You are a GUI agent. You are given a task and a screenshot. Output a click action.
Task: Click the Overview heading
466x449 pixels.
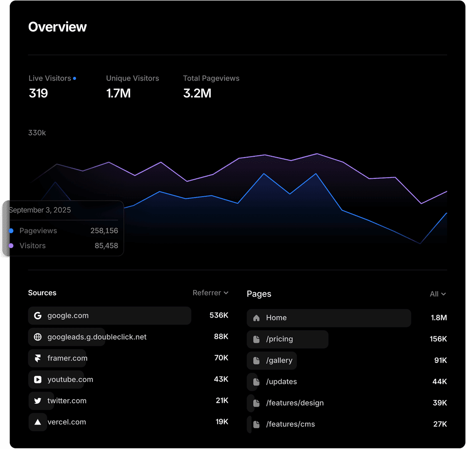[x=57, y=27]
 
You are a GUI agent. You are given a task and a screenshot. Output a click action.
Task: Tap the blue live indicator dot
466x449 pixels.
[x=74, y=78]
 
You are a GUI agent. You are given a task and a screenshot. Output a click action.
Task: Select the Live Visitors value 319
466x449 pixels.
[x=38, y=93]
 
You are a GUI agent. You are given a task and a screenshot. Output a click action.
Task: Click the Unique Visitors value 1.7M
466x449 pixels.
[x=118, y=93]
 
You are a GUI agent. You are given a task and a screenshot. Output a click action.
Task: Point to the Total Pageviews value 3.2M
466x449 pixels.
[x=197, y=93]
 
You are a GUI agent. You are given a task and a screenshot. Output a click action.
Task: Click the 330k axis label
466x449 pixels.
[x=37, y=133]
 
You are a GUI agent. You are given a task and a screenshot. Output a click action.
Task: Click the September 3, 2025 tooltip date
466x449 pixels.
[x=40, y=210]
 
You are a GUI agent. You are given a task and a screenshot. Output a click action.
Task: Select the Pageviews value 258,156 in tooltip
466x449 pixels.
[x=104, y=231]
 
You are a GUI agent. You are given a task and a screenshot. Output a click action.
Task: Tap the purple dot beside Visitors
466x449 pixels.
[x=11, y=246]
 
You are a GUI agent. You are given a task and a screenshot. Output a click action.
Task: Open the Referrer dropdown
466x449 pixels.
[x=210, y=293]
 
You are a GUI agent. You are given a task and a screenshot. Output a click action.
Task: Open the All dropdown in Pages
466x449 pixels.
[x=437, y=294]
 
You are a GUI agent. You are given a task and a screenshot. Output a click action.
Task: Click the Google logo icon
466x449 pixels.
[x=38, y=316]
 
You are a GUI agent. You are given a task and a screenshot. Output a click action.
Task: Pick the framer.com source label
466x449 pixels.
[x=67, y=358]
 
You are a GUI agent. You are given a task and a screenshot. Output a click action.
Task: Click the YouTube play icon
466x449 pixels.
[x=38, y=380]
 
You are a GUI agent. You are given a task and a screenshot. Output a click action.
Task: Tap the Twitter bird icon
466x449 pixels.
[x=38, y=401]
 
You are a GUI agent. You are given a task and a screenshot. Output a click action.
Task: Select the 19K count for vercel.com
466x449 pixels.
[x=222, y=422]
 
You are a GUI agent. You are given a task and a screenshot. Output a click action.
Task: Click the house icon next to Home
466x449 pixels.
[x=256, y=318]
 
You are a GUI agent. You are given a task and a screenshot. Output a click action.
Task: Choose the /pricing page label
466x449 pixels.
[x=279, y=339]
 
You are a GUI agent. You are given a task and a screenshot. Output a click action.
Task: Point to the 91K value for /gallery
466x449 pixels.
[x=440, y=360]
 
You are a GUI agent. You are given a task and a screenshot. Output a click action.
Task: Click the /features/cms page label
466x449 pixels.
[x=290, y=424]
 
